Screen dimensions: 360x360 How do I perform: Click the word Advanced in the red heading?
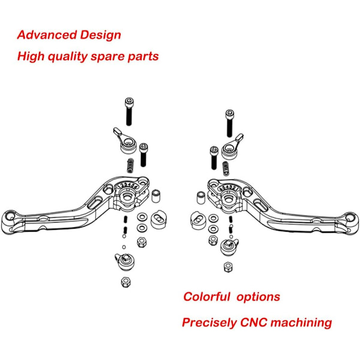click(47, 35)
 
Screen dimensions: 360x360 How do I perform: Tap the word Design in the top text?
click(101, 35)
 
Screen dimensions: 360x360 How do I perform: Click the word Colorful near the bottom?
click(206, 296)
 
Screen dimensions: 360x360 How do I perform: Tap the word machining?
click(301, 323)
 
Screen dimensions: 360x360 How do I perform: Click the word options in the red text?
click(258, 297)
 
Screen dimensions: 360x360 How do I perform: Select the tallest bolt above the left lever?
click(129, 112)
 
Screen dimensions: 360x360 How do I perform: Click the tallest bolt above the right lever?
click(230, 123)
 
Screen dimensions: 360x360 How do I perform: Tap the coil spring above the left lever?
click(131, 166)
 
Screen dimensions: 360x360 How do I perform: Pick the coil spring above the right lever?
click(226, 169)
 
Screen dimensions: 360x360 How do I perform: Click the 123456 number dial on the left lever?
click(127, 185)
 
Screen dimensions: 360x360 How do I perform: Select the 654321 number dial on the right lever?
click(228, 188)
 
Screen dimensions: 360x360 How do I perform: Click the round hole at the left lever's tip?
click(10, 216)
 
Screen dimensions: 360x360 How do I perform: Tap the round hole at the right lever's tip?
click(350, 217)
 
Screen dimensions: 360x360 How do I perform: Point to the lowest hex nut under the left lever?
click(126, 282)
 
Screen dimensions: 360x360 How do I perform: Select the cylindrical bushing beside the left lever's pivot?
click(156, 196)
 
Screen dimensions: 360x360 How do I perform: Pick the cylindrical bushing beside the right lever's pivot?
click(201, 197)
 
